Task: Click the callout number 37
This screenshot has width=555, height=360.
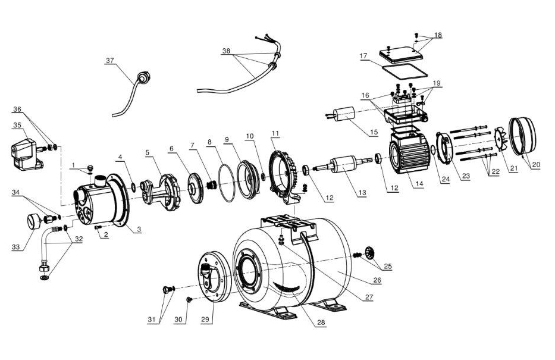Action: tap(110, 61)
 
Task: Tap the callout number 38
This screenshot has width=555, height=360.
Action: tap(226, 51)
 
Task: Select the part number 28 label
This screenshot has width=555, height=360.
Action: tap(321, 323)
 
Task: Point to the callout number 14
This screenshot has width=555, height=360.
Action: tap(419, 184)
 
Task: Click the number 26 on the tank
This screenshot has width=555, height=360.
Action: tap(377, 280)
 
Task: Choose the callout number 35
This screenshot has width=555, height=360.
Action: tap(17, 125)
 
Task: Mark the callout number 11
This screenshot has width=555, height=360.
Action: tap(275, 133)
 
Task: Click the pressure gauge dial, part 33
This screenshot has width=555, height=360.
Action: tap(34, 221)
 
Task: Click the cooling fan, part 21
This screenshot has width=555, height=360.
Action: tap(500, 140)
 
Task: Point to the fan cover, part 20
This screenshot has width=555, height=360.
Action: tap(523, 136)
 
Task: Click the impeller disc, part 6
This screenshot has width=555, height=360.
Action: tap(195, 188)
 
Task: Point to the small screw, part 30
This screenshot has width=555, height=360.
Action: tap(189, 300)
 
